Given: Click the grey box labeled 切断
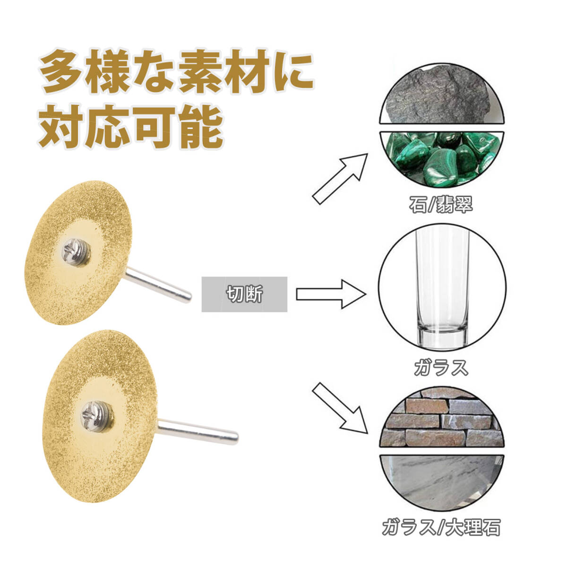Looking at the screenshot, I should coord(244,294).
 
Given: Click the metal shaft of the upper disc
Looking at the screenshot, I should coord(159,284).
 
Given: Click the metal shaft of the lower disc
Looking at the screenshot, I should coord(198,432).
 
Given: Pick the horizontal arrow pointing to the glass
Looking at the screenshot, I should coord(331,294).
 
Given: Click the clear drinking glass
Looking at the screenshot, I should coord(442,283).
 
